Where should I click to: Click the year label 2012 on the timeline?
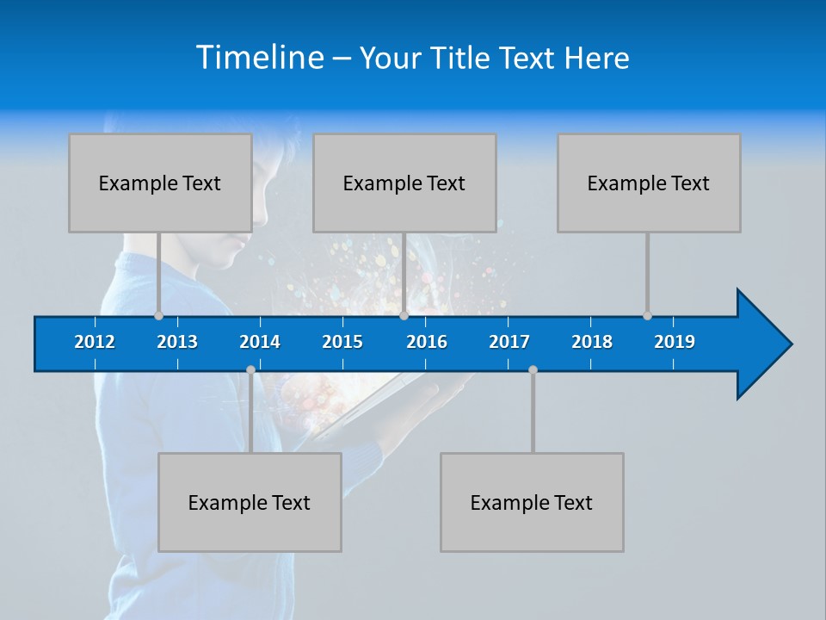point(95,342)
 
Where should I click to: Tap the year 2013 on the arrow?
point(177,342)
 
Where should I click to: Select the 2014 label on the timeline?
point(260,342)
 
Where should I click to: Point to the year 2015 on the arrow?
point(342,342)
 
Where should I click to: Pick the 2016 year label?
point(427,342)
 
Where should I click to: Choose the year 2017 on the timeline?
point(509,342)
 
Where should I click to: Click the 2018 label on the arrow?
point(592,342)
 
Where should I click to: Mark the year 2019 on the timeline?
point(675,342)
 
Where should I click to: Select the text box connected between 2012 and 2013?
point(160,183)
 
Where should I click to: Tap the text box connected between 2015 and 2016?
point(404,183)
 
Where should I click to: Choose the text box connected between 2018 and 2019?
point(649,183)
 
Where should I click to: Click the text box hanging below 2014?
point(250,502)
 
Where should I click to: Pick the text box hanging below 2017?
point(532,502)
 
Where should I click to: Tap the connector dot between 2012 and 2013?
point(159,315)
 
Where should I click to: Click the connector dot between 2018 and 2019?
point(647,315)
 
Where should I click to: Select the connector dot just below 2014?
point(250,370)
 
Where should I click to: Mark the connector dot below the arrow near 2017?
point(533,370)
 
